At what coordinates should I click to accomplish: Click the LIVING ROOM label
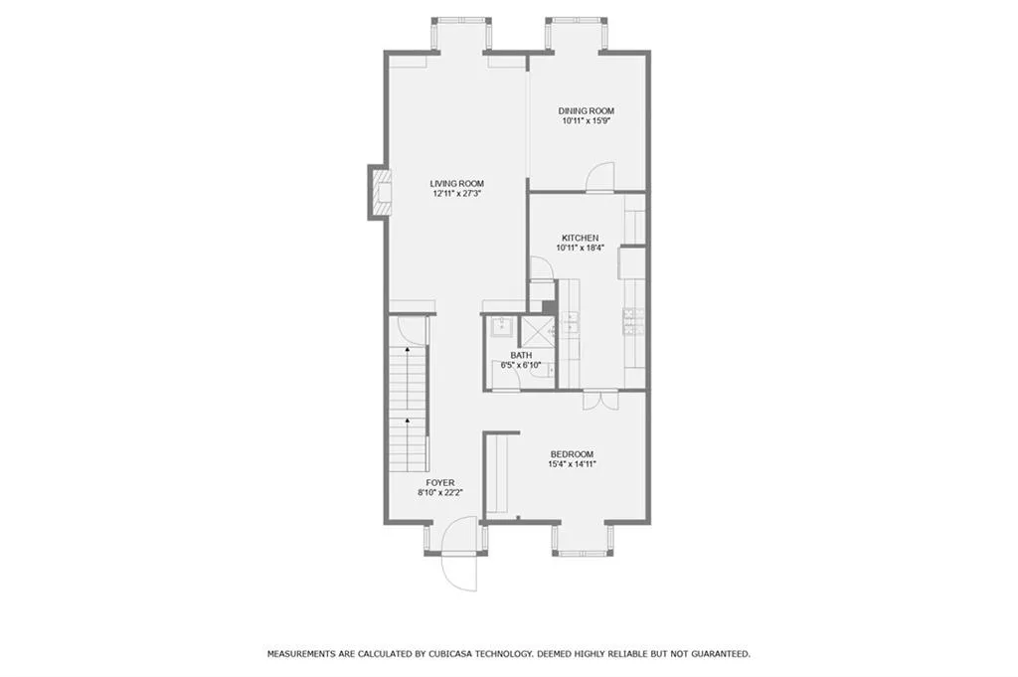click(456, 183)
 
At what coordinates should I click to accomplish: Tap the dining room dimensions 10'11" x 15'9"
click(586, 121)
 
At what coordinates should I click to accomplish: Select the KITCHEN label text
click(580, 238)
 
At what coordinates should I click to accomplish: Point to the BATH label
click(520, 355)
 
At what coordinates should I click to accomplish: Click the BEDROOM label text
click(572, 453)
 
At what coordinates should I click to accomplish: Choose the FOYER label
click(439, 482)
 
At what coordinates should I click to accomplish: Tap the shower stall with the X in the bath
click(537, 330)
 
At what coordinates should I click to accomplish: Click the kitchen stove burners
click(633, 320)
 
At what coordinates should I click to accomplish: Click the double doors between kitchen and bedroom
click(593, 399)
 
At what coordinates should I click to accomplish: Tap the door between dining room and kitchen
click(600, 180)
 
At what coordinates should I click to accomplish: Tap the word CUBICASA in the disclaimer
click(456, 654)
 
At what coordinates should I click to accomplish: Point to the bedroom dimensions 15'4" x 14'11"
click(572, 464)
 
